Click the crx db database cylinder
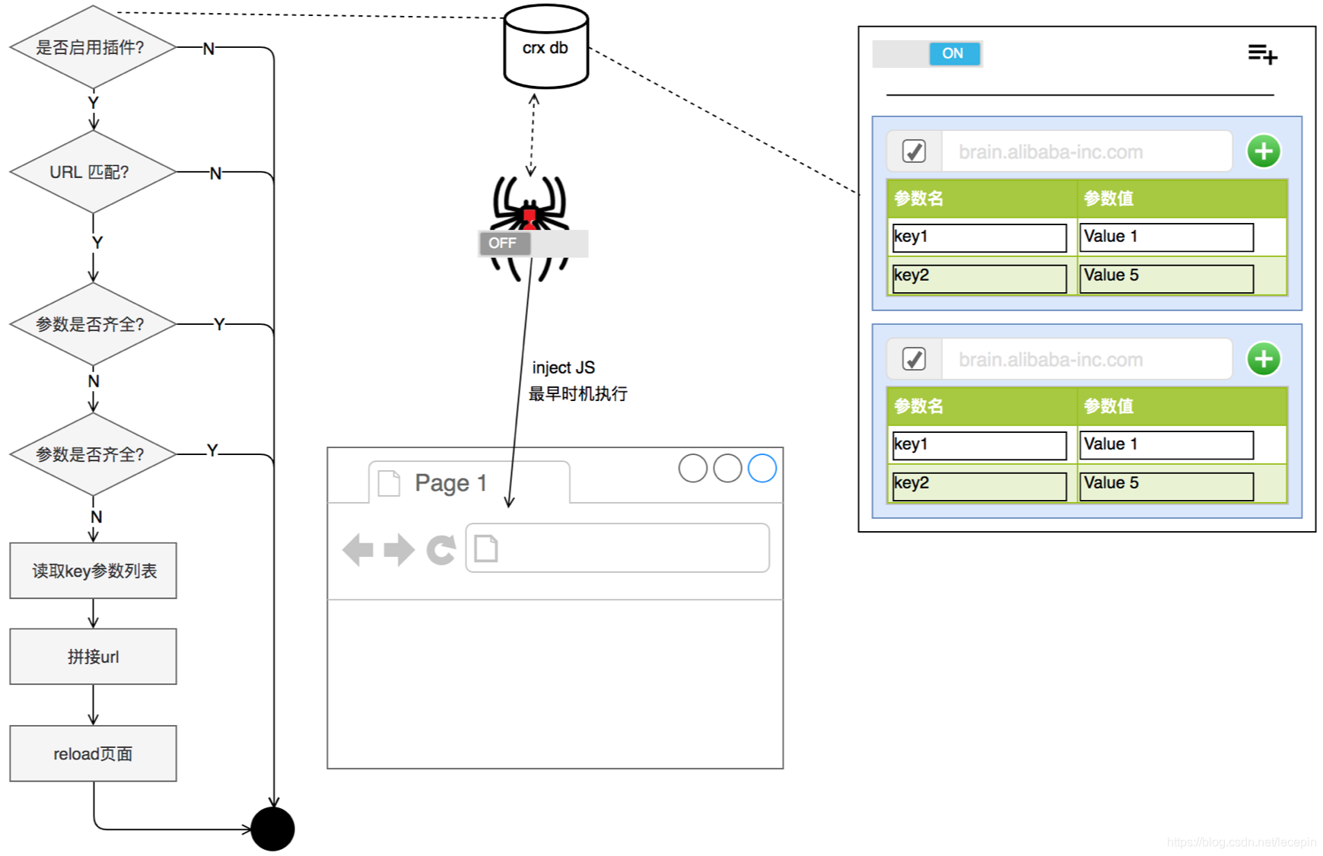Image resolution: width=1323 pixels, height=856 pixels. [x=545, y=47]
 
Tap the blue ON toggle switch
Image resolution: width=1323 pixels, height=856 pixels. [x=953, y=53]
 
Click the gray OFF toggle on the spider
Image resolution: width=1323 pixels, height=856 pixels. [x=504, y=243]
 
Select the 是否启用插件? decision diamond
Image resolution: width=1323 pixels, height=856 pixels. [x=92, y=47]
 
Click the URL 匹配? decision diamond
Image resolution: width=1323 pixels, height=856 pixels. [x=92, y=172]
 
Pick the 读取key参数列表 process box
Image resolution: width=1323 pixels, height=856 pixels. [x=93, y=571]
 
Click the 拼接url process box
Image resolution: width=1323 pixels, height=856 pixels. [x=93, y=657]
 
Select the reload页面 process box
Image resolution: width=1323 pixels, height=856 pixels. [x=93, y=753]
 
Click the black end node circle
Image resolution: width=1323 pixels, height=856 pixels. [x=272, y=829]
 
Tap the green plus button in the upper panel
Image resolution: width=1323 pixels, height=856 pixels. [x=1264, y=151]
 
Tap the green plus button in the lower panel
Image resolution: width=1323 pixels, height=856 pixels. [x=1264, y=359]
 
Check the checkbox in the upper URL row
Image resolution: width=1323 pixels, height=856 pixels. [x=914, y=151]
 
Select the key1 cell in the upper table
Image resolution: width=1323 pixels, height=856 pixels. [x=979, y=237]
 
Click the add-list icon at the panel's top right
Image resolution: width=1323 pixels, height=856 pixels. [x=1262, y=54]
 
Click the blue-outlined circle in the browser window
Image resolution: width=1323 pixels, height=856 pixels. [x=762, y=468]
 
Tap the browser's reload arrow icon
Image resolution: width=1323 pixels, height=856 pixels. [x=441, y=549]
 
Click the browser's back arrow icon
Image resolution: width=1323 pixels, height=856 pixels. [x=358, y=549]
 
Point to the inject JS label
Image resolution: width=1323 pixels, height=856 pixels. [x=563, y=368]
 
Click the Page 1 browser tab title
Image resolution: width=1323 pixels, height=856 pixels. [x=450, y=482]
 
